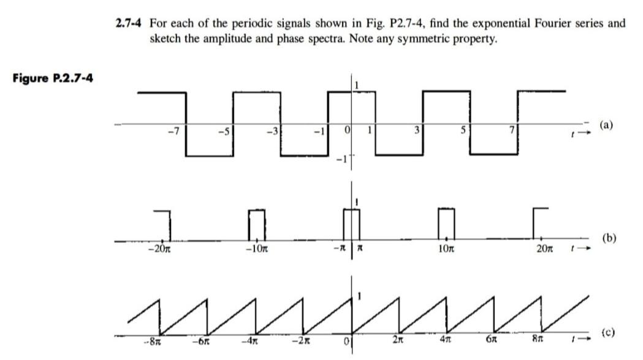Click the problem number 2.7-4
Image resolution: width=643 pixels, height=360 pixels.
pos(131,24)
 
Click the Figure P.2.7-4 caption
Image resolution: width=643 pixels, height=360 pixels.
pos(53,79)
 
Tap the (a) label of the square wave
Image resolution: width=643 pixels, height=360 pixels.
pos(606,124)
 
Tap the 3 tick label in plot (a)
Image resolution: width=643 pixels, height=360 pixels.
pos(416,130)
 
